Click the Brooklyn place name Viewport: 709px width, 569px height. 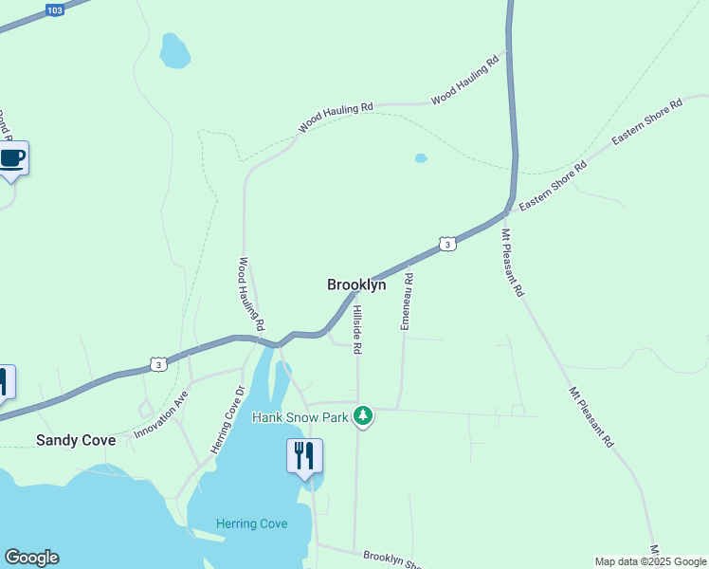click(356, 284)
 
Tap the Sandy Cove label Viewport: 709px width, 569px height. click(76, 440)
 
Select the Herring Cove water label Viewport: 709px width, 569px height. click(251, 523)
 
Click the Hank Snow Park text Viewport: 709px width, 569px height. click(300, 416)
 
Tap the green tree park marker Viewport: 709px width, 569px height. click(362, 415)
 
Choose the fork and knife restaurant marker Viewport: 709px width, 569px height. click(304, 456)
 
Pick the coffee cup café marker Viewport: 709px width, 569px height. click(12, 157)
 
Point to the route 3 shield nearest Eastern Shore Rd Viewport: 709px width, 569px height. click(447, 245)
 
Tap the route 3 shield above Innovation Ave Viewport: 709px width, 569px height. click(159, 363)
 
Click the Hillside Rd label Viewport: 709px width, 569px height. click(357, 329)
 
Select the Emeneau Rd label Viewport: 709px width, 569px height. click(407, 301)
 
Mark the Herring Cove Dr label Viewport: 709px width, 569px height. click(227, 419)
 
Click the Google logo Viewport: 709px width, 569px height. click(31, 558)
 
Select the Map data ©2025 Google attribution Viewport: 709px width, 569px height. click(650, 561)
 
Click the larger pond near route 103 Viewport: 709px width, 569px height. click(173, 51)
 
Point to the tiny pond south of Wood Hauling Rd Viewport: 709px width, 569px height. click(421, 158)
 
